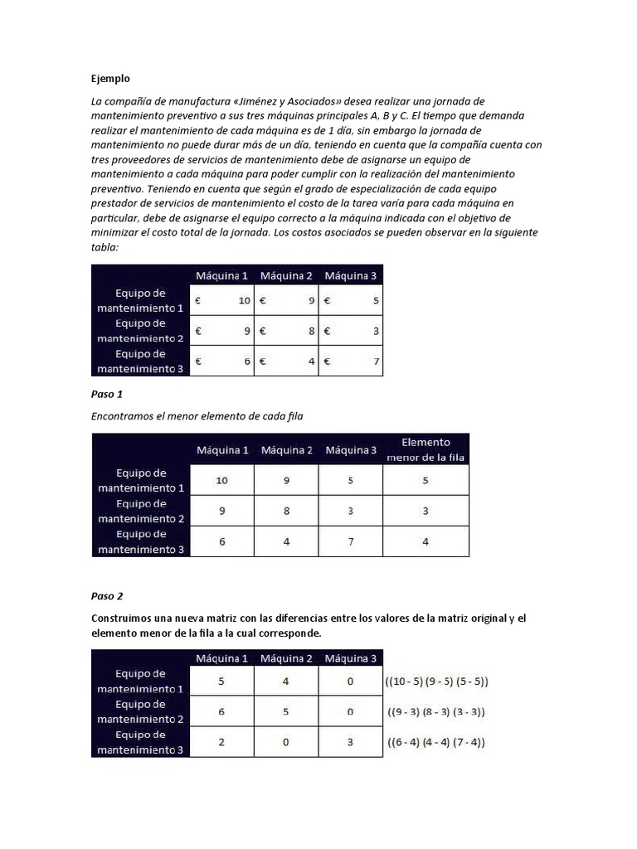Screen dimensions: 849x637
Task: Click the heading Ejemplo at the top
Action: [110, 79]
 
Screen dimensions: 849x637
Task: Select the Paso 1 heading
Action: [107, 394]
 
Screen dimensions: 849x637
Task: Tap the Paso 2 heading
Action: [107, 595]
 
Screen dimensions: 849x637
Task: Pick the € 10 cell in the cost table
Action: [221, 301]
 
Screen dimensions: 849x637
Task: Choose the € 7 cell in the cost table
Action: [352, 361]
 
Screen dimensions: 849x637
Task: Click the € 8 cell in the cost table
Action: [287, 332]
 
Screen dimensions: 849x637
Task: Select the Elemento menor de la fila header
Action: [425, 449]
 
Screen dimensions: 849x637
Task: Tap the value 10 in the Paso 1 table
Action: [221, 480]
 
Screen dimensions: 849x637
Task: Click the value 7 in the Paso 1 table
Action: [351, 541]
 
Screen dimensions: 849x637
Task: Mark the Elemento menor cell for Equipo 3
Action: [425, 541]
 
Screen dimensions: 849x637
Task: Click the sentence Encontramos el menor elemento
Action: [197, 416]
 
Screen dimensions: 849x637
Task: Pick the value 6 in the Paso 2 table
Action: [221, 711]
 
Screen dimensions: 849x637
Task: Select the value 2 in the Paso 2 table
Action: [221, 742]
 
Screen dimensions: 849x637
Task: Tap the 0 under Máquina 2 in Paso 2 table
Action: [286, 742]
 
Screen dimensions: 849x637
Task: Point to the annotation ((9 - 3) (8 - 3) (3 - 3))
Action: [436, 711]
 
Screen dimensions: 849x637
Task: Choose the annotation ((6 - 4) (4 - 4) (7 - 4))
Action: [436, 742]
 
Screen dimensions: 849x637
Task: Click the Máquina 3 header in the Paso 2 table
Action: [351, 658]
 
